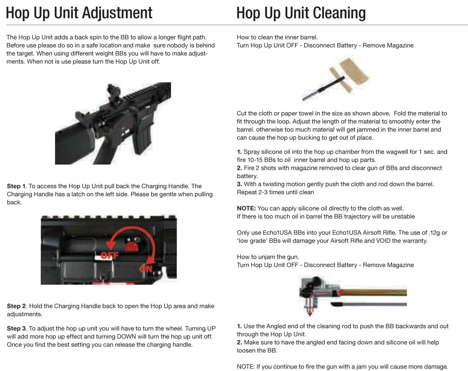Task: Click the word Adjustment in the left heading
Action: click(117, 13)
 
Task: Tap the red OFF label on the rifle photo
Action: click(109, 256)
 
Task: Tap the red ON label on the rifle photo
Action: click(146, 269)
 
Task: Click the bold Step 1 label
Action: click(16, 186)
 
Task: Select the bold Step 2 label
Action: click(17, 306)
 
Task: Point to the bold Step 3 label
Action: click(17, 328)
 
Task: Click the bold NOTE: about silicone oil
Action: click(246, 209)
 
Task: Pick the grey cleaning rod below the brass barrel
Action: click(369, 304)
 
